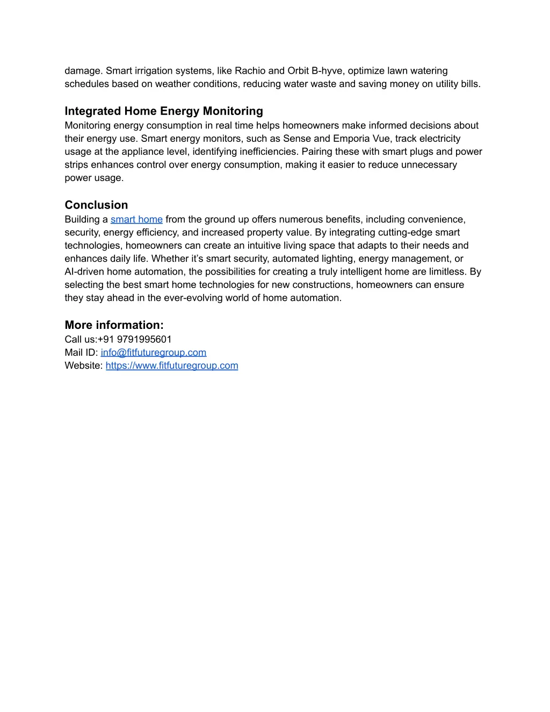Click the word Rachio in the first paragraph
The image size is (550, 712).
pos(250,71)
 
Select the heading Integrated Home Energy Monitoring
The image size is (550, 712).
pos(164,111)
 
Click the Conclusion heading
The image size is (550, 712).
pos(96,205)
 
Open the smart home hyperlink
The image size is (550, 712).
pos(136,219)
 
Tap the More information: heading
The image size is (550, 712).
pos(114,325)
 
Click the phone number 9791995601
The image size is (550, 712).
pos(144,339)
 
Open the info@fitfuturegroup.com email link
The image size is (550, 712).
pos(154,353)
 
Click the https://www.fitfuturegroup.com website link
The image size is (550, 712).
pos(172,365)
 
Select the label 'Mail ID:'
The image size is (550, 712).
pos(81,353)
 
